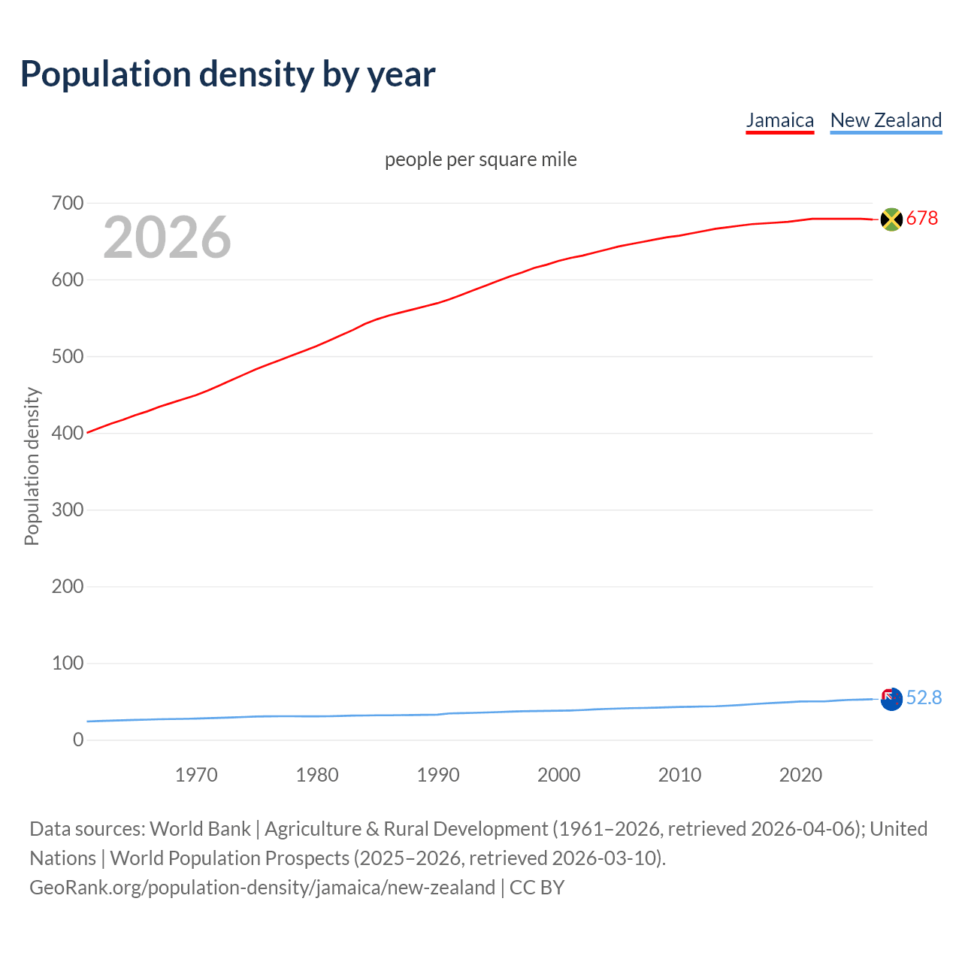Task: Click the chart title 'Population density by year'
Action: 228,74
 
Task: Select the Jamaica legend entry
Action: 779,120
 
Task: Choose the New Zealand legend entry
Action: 885,120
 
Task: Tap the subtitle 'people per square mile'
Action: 481,159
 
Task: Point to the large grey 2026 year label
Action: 167,237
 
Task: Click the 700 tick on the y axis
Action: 68,203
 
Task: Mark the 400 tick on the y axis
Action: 68,433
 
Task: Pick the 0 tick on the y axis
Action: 78,740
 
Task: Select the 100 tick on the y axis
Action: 68,663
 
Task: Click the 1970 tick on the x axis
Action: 196,775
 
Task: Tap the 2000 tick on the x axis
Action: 558,775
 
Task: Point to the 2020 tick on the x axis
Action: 800,775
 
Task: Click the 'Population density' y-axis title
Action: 32,466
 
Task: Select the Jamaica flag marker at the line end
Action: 891,219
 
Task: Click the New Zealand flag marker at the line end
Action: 891,699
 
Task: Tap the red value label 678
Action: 922,218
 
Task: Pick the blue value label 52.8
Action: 924,698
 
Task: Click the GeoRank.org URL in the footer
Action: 262,888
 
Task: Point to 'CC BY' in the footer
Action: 537,888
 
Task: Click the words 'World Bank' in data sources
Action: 200,829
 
